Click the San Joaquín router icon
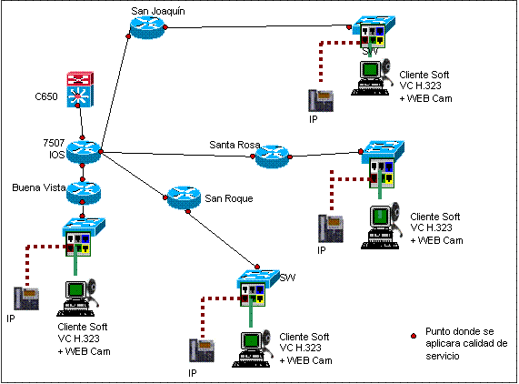(147, 27)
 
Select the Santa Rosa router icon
(272, 157)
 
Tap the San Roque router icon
(184, 197)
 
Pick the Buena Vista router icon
(84, 193)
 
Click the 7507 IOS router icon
(84, 152)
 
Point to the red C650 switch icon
(80, 89)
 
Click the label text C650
(46, 96)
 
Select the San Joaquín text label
(158, 11)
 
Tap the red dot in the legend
(414, 336)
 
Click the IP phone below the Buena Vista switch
(26, 298)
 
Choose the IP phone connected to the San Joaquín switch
(321, 100)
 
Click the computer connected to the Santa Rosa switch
(381, 227)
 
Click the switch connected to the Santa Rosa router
(382, 165)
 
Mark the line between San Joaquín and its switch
(257, 26)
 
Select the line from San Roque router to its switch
(223, 239)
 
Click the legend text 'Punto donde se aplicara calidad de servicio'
(466, 344)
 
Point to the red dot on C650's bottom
(77, 106)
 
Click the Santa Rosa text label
(235, 145)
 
